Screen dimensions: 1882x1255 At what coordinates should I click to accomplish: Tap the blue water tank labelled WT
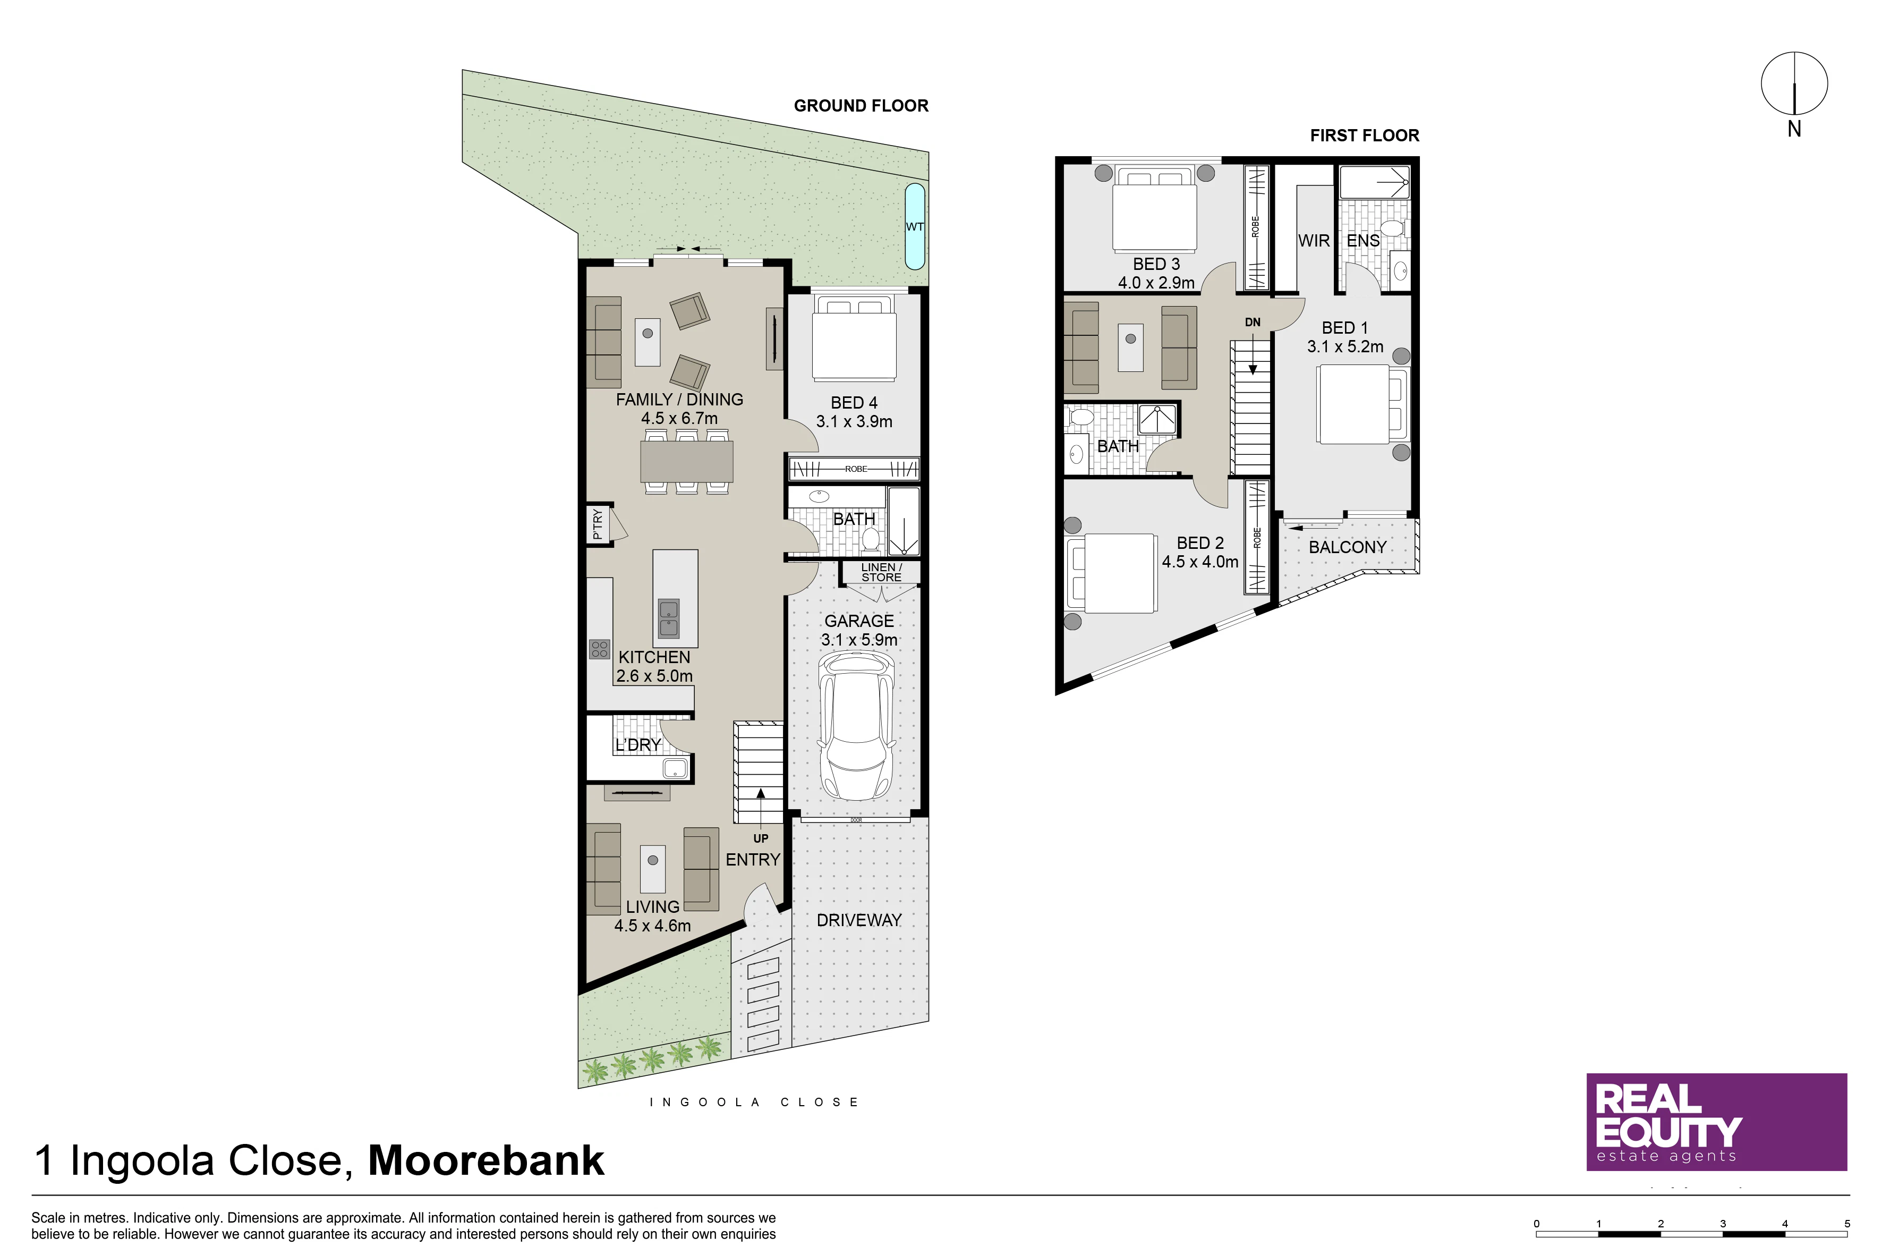915,226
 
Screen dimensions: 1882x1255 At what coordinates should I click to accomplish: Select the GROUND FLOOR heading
861,106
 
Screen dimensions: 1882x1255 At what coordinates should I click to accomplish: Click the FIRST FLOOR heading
1364,135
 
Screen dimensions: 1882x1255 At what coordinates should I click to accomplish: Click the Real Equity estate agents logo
1716,1122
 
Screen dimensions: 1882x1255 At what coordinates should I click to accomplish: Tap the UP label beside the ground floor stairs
760,839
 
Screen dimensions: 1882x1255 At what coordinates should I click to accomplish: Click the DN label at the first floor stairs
1252,323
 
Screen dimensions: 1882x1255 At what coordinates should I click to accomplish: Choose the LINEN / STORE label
881,572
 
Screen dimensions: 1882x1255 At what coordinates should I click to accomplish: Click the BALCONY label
1348,547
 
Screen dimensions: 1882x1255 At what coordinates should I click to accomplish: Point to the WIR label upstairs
1314,241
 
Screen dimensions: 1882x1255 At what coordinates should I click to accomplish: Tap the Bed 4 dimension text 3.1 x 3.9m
854,422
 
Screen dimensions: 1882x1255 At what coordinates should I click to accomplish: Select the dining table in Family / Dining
686,462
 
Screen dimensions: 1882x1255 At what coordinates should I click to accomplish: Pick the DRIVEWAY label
858,920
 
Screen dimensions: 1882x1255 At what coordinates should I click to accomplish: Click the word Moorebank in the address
486,1160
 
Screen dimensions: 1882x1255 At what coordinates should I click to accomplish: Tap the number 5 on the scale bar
1847,1224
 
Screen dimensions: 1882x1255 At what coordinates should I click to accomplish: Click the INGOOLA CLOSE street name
754,1102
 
